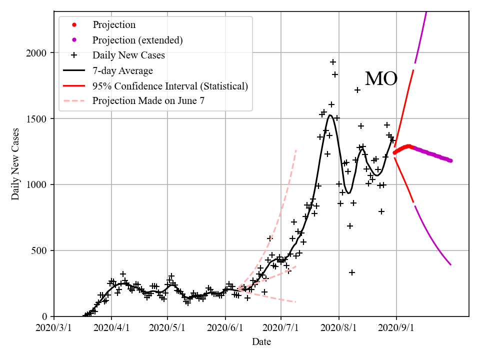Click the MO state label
coord(381,79)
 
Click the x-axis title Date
coord(261,342)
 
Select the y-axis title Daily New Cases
coord(15,164)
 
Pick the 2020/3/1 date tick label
coord(54,328)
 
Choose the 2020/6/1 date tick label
coord(225,328)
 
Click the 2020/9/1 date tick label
coord(396,328)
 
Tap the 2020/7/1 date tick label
coord(281,328)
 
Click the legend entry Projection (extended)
coord(137,40)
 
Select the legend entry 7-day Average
coord(122,70)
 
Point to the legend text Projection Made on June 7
coord(148,101)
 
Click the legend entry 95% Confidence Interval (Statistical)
coord(170,86)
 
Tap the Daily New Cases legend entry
coord(128,55)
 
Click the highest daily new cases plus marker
coord(333,62)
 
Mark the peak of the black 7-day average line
coord(330,115)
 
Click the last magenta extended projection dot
coord(450,160)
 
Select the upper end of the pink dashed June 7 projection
coord(296,149)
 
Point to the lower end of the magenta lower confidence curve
coord(450,264)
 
